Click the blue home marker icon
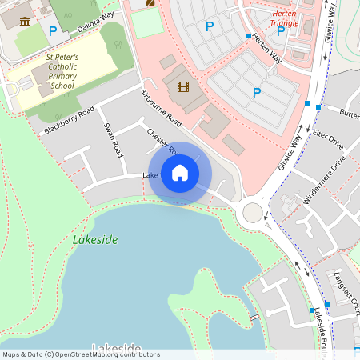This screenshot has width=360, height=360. click(x=180, y=173)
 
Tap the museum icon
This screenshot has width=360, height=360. click(x=25, y=22)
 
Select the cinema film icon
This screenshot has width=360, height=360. click(x=183, y=86)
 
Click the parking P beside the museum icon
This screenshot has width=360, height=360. click(x=53, y=31)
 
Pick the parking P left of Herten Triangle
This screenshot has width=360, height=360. click(x=210, y=26)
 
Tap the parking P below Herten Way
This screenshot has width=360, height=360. click(x=257, y=93)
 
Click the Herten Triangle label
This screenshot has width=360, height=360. click(x=286, y=18)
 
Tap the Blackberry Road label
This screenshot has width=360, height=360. click(x=70, y=119)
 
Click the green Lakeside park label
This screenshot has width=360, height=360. click(x=95, y=239)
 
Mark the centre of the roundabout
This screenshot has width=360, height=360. click(x=254, y=212)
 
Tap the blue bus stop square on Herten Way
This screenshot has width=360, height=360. click(x=249, y=36)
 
